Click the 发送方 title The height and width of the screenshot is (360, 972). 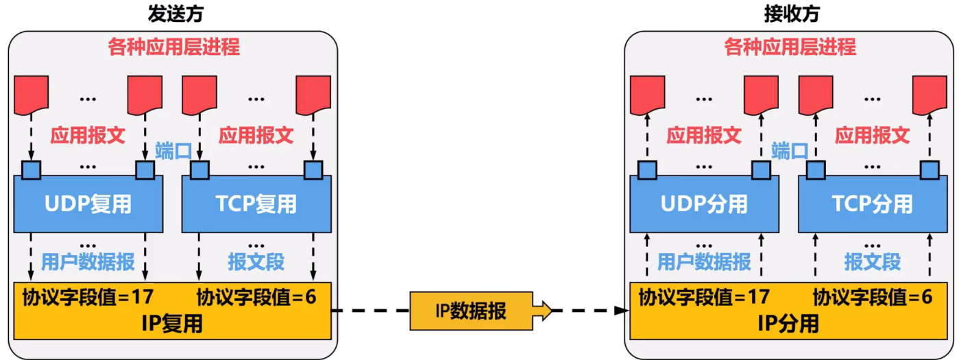tap(175, 14)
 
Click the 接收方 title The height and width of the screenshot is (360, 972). tap(792, 14)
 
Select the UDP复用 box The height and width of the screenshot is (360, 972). tap(88, 204)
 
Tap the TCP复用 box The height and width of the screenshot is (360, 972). tap(256, 204)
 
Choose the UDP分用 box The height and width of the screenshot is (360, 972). tap(704, 204)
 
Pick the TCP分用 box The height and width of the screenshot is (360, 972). tap(873, 204)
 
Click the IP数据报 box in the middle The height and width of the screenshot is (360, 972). tap(471, 311)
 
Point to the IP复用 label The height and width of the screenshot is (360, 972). tap(172, 324)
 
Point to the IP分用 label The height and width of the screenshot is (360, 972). tap(788, 324)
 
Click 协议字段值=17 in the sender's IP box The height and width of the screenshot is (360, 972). tap(88, 298)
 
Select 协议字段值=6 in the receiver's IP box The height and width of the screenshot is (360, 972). tap(872, 298)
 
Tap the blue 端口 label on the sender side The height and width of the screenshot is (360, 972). tap(173, 151)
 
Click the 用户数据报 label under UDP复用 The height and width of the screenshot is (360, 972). tap(88, 262)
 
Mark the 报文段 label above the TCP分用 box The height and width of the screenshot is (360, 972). tap(872, 262)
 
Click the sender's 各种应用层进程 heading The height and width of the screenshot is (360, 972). tap(173, 47)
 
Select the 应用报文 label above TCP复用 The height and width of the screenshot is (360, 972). tap(256, 135)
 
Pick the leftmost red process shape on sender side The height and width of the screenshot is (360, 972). tap(32, 95)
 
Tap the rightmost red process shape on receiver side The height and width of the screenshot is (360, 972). tap(930, 95)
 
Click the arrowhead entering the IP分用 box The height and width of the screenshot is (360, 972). tap(622, 311)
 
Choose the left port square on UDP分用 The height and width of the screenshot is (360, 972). tap(647, 170)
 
